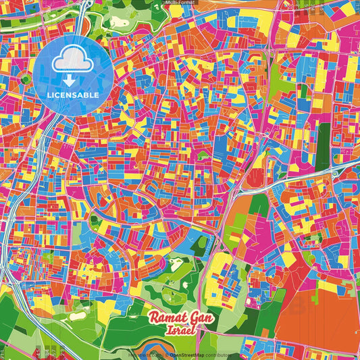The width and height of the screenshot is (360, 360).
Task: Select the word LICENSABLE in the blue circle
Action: click(73, 94)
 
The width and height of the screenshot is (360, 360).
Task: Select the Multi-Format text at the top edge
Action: click(180, 3)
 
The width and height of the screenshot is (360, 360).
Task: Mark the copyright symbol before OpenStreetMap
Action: click(168, 354)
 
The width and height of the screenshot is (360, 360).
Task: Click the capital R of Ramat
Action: click(152, 317)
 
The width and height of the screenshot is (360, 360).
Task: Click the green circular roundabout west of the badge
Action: click(26, 79)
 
